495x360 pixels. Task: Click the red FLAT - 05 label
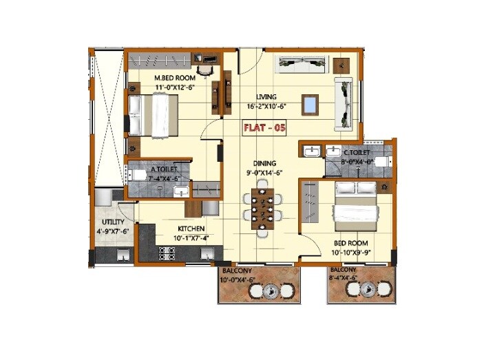tap(264, 128)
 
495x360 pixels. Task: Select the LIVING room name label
tap(266, 97)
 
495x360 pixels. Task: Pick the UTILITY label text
tap(113, 222)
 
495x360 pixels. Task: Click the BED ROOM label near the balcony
tap(351, 244)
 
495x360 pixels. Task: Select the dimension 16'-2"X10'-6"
tap(266, 107)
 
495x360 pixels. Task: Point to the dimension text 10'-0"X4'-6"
tap(238, 279)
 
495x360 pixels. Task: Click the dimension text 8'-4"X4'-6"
tap(344, 279)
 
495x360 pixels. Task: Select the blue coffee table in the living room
tap(310, 105)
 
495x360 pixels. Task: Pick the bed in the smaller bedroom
tap(355, 206)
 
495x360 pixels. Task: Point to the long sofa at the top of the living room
tap(299, 64)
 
